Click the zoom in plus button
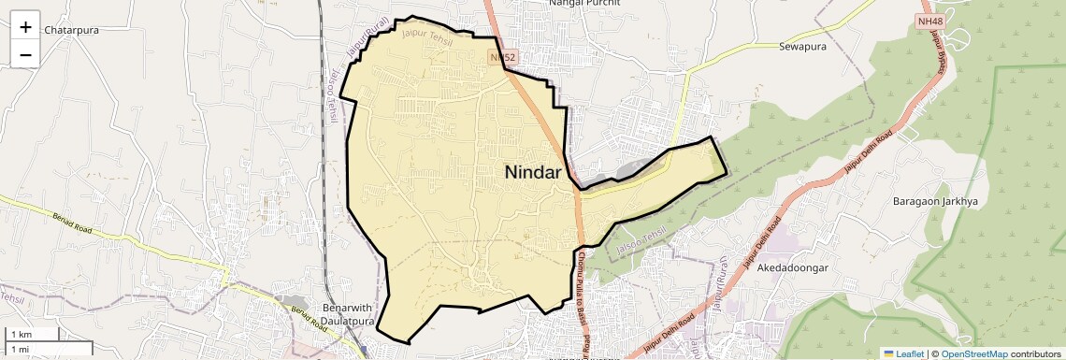coord(25,27)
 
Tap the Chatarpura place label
coord(72,30)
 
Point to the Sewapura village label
coord(805,45)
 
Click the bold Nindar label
coord(533,172)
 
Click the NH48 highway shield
coord(929,21)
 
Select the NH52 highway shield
coord(503,58)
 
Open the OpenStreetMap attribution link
coord(973,353)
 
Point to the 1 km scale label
coord(22,334)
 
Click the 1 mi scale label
coord(21,349)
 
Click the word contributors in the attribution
coord(1035,353)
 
